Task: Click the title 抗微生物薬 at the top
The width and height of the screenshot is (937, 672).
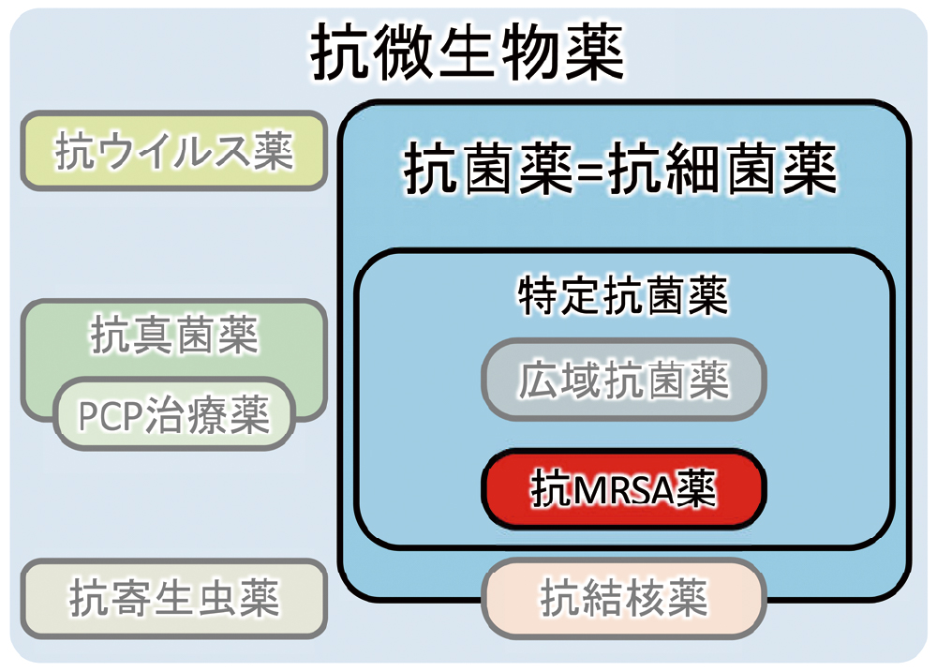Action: coord(467,53)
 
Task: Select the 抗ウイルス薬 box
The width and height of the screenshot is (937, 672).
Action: coord(173,151)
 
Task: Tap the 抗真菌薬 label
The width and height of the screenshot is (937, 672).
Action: coord(173,334)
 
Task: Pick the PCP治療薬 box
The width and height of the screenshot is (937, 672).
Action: coord(173,414)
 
